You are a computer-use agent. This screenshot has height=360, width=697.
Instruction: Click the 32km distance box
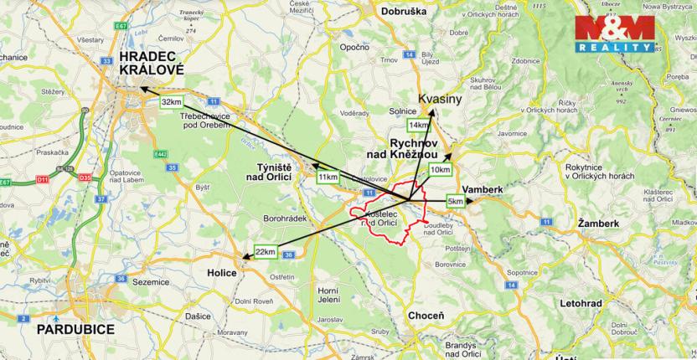(170, 101)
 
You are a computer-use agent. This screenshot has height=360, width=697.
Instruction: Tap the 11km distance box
(328, 177)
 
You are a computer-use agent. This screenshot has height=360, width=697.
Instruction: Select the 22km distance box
(265, 252)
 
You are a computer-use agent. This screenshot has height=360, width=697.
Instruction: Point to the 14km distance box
(419, 125)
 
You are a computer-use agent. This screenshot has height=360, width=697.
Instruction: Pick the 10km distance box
(440, 170)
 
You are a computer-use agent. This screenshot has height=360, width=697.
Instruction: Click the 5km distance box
(456, 202)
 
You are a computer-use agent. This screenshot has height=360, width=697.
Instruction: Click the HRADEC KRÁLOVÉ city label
(152, 64)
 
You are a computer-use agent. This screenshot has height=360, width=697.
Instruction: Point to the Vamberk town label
(482, 190)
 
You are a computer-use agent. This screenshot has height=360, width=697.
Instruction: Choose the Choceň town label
(424, 315)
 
